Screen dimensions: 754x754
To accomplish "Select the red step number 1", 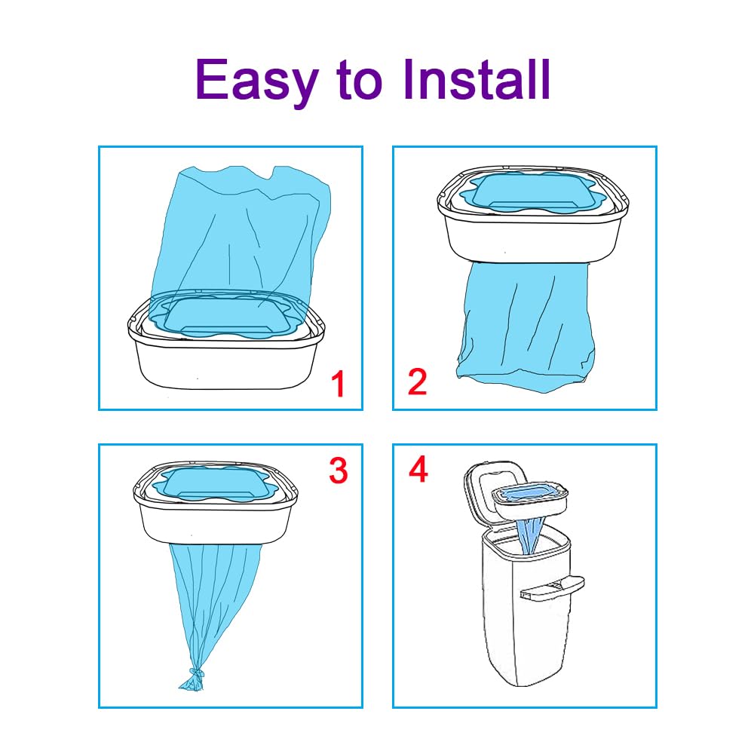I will (339, 384).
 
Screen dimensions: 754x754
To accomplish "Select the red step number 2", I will (417, 382).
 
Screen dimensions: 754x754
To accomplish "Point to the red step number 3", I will (338, 470).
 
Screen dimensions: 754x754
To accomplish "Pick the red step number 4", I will (418, 470).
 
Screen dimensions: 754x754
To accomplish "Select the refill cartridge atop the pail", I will (529, 501).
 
